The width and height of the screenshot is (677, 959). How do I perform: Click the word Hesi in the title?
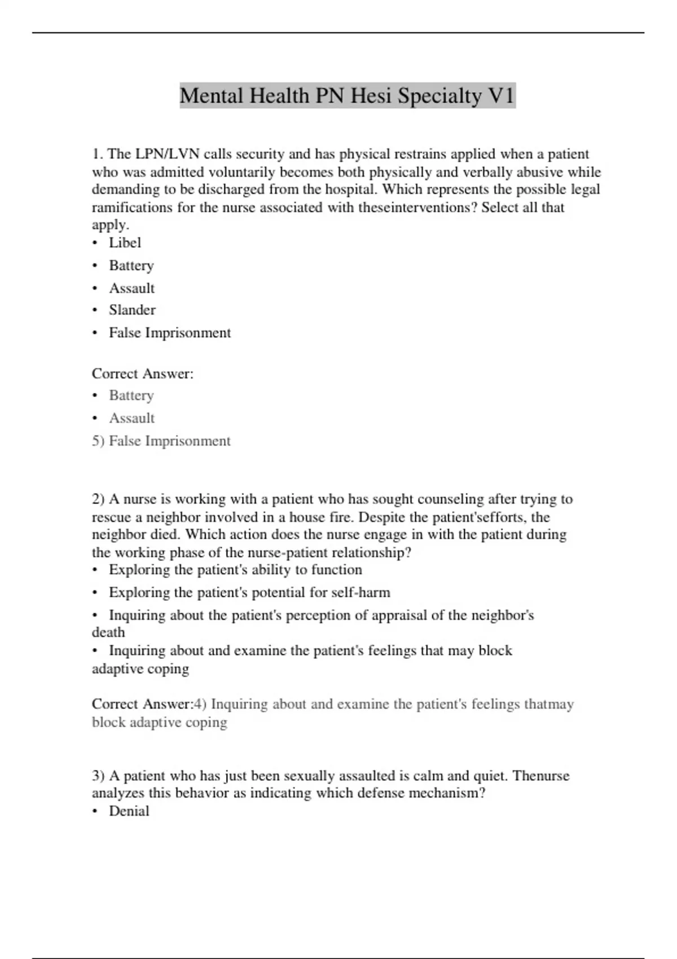[x=371, y=96]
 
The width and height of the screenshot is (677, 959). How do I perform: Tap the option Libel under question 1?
[x=125, y=243]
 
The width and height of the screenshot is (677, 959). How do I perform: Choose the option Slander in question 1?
[x=132, y=310]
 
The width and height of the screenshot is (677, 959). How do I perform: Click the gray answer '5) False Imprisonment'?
[x=161, y=441]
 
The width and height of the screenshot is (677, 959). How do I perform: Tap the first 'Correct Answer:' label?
[x=143, y=373]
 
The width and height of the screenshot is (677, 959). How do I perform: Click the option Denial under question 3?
[x=129, y=811]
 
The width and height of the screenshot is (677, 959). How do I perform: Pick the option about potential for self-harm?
[x=249, y=592]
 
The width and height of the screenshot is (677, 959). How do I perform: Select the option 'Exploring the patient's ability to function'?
[x=235, y=570]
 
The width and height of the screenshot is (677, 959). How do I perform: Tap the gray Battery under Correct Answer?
[x=131, y=395]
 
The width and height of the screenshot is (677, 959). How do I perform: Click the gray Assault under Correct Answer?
[x=131, y=418]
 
